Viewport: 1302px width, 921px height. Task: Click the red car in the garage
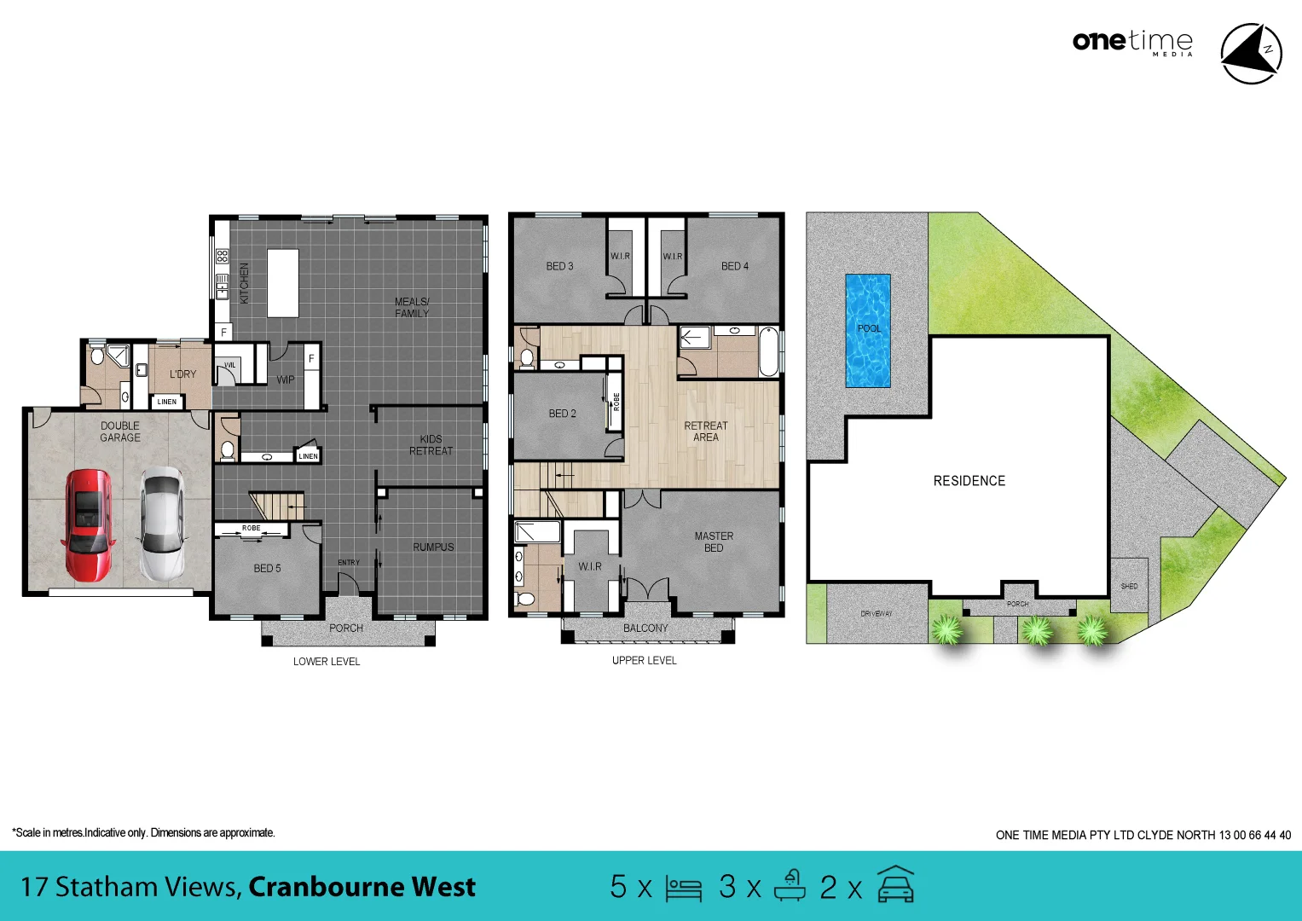click(x=88, y=524)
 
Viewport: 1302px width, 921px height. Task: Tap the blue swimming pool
click(x=867, y=331)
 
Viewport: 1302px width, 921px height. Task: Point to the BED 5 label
click(x=267, y=568)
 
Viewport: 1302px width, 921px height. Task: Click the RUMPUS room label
click(x=433, y=547)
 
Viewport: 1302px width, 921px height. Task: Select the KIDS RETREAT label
click(x=431, y=445)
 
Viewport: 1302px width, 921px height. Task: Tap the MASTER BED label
click(x=714, y=542)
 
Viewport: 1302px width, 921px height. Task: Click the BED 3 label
click(x=559, y=266)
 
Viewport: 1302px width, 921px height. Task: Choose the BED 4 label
click(x=734, y=266)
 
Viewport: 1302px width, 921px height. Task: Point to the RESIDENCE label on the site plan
click(x=969, y=481)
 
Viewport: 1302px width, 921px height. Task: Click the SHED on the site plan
click(x=1129, y=586)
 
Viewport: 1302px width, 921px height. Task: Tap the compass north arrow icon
click(x=1251, y=54)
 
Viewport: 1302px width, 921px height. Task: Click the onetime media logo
click(x=1132, y=42)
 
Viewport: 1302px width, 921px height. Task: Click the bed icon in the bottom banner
click(x=683, y=888)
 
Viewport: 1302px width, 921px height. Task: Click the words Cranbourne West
click(x=362, y=887)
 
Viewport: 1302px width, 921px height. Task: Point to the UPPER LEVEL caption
click(x=644, y=660)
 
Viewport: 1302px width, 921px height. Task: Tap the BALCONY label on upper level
click(x=645, y=628)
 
